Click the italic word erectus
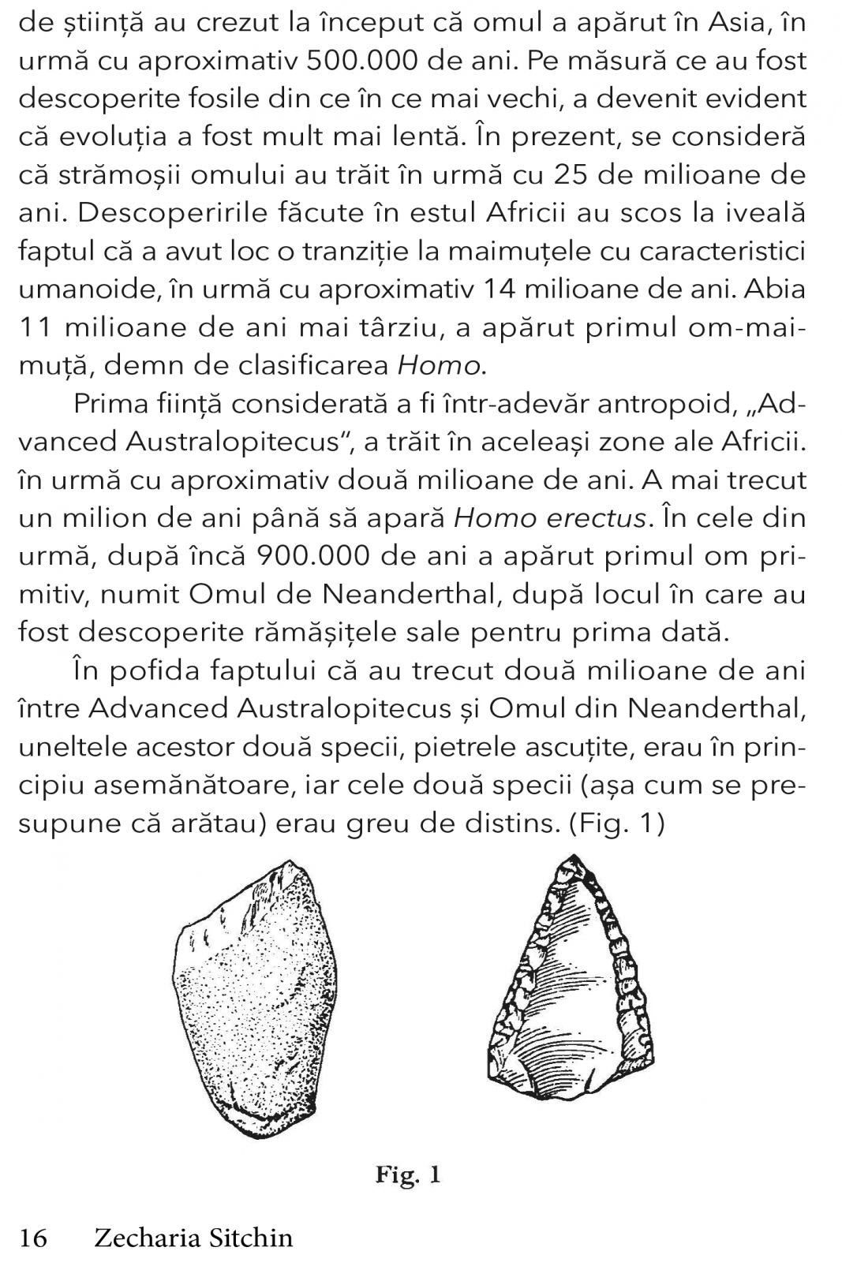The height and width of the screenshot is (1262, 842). pos(596,518)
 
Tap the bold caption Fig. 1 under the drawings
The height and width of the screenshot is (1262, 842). pos(407,1177)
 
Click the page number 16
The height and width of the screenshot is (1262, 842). pos(33,1238)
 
